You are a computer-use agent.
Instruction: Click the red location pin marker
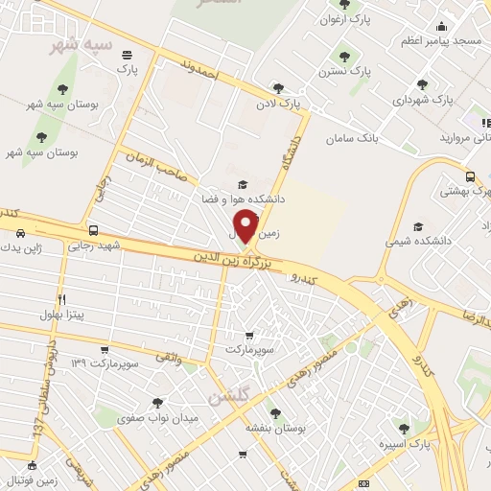coord(247,226)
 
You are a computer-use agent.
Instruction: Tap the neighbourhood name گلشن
coord(227,393)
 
